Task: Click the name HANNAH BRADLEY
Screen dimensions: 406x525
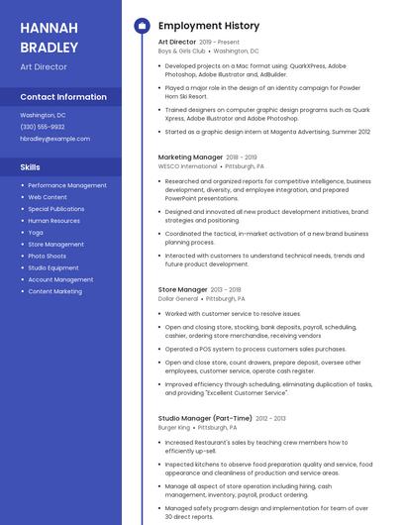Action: click(49, 37)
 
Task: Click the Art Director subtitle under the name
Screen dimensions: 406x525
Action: click(44, 67)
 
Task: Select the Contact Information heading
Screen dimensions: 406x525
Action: click(63, 97)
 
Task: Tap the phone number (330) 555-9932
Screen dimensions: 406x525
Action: click(43, 127)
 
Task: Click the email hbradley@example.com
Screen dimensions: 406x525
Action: click(54, 139)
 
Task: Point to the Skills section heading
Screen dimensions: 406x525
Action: click(31, 167)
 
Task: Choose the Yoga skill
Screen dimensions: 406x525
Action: click(36, 232)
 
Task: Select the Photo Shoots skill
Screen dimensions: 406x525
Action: click(47, 256)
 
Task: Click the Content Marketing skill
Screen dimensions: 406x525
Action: click(54, 291)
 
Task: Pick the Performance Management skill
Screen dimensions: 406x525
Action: click(67, 185)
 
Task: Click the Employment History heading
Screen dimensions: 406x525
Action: click(209, 26)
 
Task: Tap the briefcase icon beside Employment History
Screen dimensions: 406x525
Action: click(142, 26)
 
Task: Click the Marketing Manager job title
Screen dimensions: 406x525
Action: click(190, 157)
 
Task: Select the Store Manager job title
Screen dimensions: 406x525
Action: click(183, 289)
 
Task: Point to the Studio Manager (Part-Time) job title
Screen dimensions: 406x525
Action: click(205, 418)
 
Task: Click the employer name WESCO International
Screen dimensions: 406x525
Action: click(187, 166)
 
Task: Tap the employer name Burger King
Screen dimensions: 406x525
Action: click(174, 428)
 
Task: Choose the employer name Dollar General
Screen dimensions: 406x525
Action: click(179, 298)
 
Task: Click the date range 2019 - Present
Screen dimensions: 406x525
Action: click(220, 43)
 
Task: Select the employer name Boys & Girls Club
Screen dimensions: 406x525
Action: click(182, 51)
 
